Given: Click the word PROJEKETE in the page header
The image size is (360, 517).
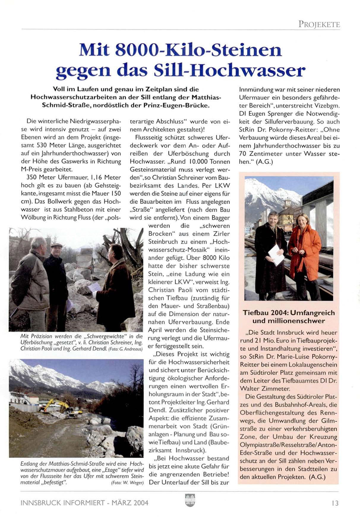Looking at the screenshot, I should coord(319,24).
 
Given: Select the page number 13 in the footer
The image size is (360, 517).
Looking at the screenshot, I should coord(335,503).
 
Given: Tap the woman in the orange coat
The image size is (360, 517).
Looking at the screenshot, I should coord(304,252).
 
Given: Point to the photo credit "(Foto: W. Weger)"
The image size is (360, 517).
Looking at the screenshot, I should coord(127,483).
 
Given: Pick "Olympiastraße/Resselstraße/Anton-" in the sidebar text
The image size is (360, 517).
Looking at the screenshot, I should coord(288,445).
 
